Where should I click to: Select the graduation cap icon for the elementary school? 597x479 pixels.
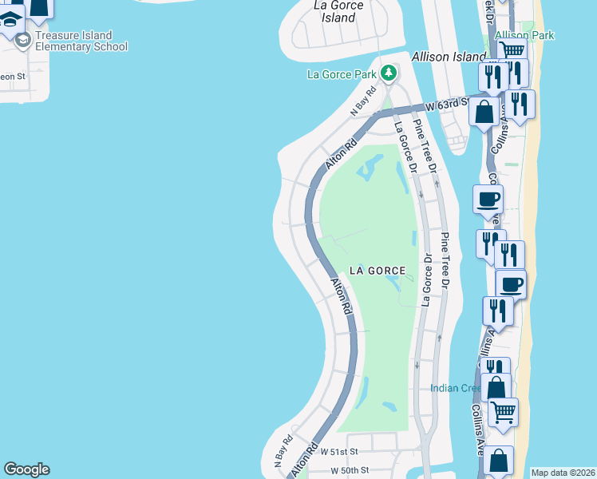click(24, 39)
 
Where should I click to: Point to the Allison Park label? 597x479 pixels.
click(524, 35)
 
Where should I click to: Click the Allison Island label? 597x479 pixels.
click(449, 57)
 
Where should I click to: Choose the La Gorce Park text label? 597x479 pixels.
click(342, 75)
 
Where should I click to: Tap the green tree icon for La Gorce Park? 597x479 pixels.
click(389, 74)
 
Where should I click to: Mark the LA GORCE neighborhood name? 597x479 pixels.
click(377, 271)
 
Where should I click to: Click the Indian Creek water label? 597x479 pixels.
click(455, 389)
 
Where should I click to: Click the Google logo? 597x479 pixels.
click(26, 469)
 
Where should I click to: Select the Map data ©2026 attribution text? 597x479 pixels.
click(563, 473)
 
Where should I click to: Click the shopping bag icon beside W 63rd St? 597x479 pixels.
click(484, 112)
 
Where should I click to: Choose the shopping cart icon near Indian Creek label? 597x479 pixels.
click(503, 413)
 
